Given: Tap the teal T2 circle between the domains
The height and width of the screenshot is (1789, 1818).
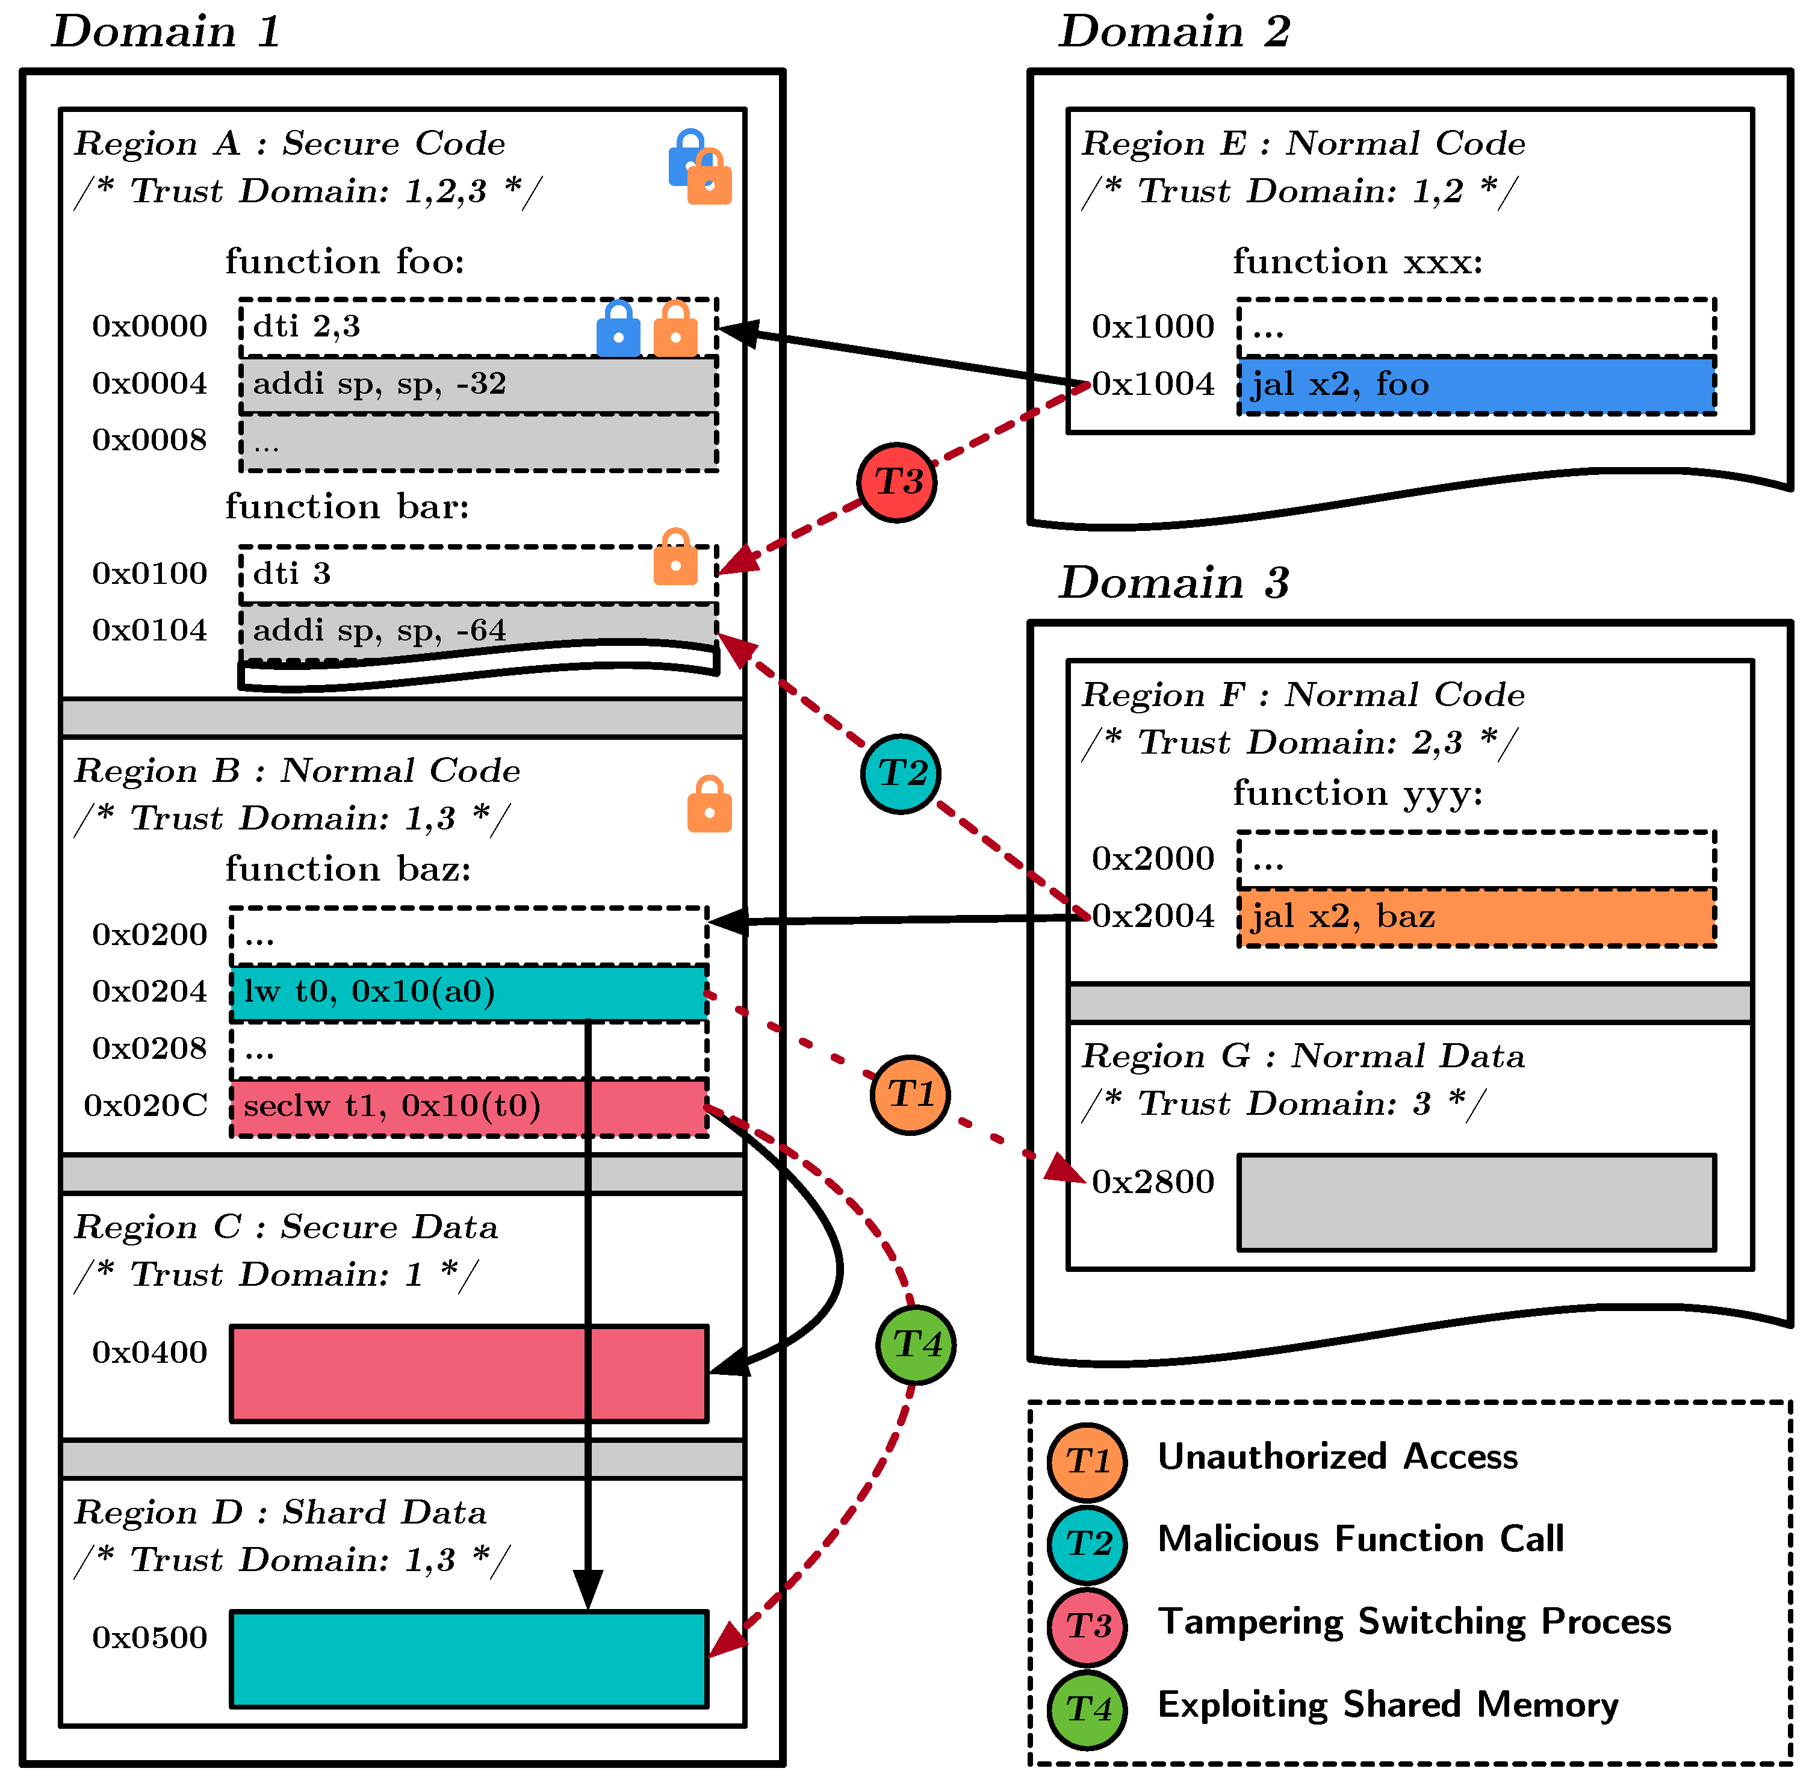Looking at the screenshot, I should click(900, 774).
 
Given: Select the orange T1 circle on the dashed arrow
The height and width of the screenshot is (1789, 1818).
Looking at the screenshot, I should click(910, 1094).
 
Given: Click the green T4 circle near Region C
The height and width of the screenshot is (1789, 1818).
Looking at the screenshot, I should click(915, 1345).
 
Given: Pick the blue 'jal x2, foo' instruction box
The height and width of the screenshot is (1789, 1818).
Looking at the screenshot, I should click(1476, 384).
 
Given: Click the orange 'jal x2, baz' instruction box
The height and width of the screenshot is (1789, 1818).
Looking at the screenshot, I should click(1476, 916).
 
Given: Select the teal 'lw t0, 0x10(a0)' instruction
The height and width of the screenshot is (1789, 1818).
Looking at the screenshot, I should click(469, 992).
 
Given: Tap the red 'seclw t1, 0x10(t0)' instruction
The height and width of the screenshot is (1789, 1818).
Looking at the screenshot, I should click(469, 1107).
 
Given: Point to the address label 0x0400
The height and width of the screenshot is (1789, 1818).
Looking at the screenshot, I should click(149, 1352).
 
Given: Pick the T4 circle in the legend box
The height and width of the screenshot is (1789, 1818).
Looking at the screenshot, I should click(1087, 1709).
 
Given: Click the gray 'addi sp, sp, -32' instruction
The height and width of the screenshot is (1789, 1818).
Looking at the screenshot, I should click(478, 384).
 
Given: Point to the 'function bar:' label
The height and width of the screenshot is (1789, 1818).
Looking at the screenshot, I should click(347, 506).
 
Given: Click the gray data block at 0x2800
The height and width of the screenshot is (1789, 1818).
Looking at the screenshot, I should click(1476, 1203).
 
